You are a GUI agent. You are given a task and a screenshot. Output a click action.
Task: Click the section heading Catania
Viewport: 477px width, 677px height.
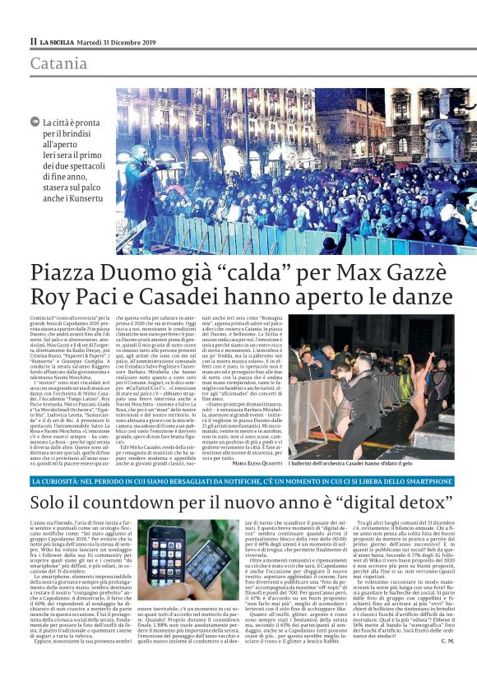point(59,63)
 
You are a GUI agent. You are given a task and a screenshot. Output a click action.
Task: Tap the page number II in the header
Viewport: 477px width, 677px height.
point(33,40)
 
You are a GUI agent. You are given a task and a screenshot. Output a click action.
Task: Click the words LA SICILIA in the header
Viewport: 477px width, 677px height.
point(62,40)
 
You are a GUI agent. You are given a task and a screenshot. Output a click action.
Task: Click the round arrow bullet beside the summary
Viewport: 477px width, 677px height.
point(34,122)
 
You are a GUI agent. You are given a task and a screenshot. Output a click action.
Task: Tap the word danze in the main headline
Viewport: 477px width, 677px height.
point(414,296)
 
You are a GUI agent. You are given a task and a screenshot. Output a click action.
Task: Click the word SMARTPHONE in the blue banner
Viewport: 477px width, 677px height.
point(424,480)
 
